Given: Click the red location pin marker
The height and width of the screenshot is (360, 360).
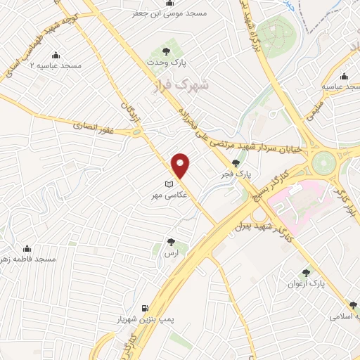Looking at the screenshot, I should tap(181, 165).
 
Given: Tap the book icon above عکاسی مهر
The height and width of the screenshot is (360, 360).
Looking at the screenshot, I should tap(167, 184).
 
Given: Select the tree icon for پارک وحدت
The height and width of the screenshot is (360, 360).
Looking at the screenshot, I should tap(166, 51).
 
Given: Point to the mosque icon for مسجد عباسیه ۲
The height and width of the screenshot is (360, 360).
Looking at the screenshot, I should tap(56, 55).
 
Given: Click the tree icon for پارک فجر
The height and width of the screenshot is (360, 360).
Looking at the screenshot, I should tap(245, 162).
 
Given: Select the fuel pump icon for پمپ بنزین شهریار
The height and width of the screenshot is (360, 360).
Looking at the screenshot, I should tap(145, 308).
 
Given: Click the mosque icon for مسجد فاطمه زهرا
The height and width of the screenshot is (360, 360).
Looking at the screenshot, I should tap(27, 248).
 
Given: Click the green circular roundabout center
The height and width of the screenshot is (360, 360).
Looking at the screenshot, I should tap(325, 161).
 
